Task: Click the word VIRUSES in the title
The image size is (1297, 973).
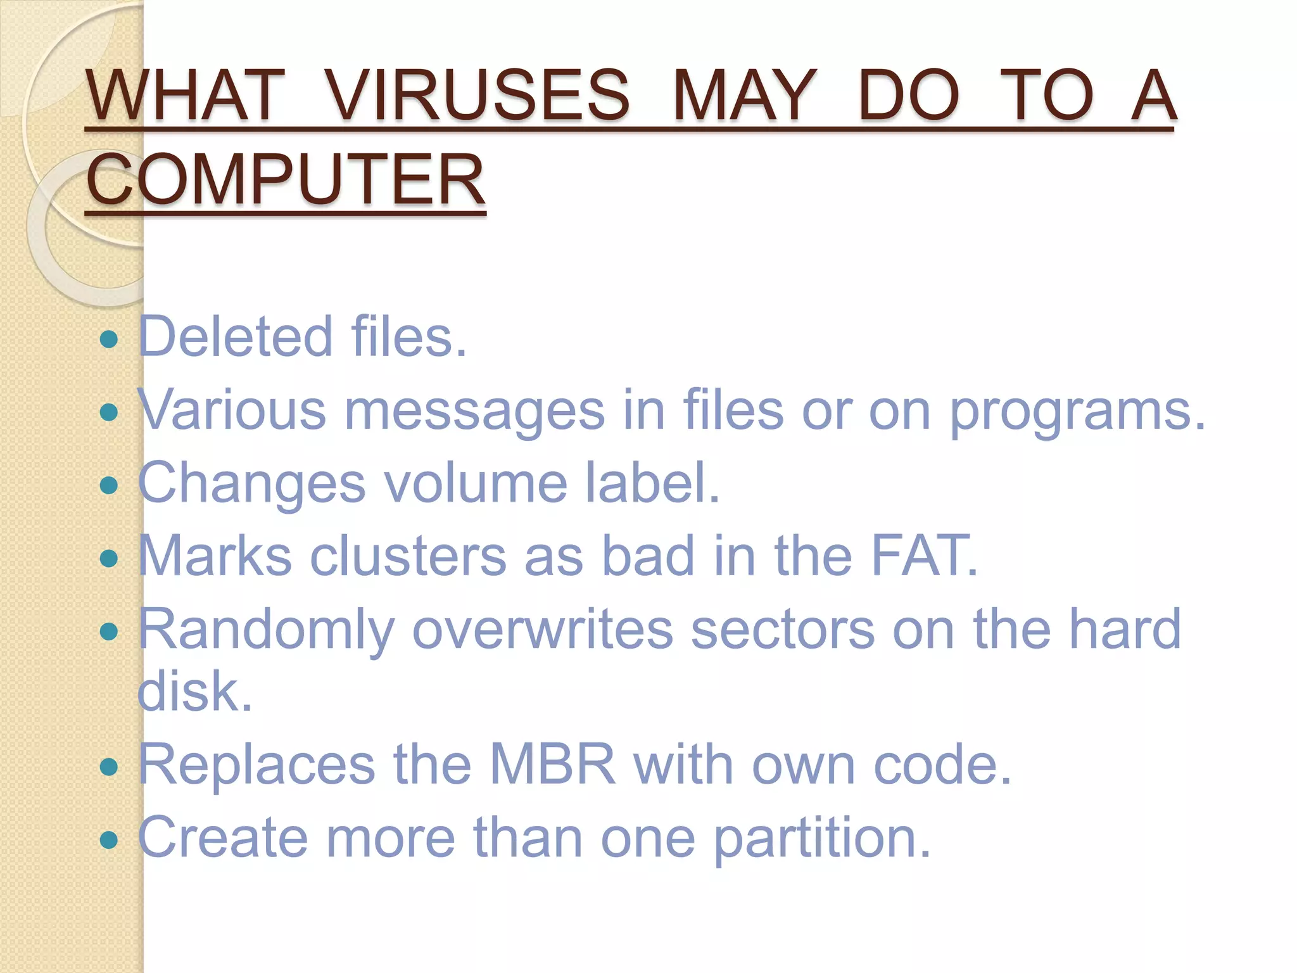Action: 478,96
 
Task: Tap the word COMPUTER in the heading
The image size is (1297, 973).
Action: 285,180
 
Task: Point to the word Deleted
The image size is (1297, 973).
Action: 235,336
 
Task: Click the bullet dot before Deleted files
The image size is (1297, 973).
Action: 110,339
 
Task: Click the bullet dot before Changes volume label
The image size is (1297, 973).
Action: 110,485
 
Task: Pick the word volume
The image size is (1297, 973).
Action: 476,483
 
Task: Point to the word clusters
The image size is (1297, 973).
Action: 408,556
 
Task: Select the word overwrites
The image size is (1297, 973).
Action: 543,629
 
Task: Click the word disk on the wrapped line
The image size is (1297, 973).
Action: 194,691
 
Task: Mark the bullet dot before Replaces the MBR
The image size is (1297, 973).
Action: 110,767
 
